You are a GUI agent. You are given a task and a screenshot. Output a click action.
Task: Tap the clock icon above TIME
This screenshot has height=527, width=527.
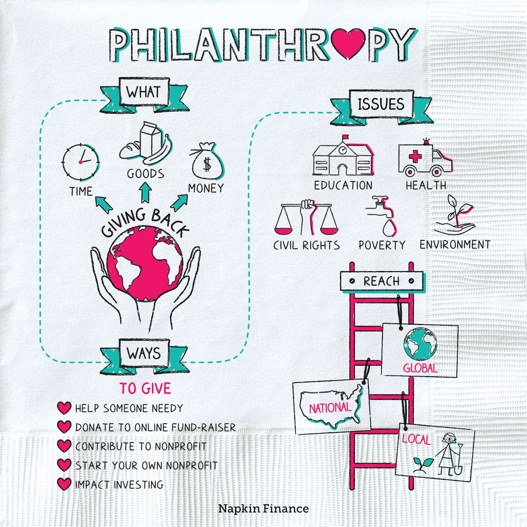(x=80, y=162)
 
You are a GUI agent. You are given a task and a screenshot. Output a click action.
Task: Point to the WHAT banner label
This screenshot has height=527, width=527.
(x=144, y=92)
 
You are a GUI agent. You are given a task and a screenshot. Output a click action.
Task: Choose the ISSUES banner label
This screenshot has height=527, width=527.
(x=381, y=104)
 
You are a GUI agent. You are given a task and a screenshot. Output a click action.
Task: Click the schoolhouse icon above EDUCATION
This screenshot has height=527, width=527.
(x=343, y=158)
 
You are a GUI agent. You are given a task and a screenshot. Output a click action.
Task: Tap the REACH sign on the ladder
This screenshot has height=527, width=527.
(x=382, y=281)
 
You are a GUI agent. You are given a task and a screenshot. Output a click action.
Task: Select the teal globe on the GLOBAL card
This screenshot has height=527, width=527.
(x=420, y=343)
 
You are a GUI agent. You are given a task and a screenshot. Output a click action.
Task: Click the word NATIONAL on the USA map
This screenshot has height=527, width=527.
(x=330, y=408)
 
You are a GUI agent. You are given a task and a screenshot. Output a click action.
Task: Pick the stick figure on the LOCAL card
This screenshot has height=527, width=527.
(x=448, y=452)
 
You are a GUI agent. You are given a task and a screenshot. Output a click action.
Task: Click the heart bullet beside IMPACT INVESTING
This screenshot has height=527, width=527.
(x=65, y=484)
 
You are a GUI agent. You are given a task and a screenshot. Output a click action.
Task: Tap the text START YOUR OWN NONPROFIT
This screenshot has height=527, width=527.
(x=146, y=466)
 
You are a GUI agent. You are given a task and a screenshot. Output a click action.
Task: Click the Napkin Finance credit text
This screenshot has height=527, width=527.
(x=263, y=508)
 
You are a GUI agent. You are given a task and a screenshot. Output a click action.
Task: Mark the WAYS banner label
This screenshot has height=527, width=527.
(x=144, y=353)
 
